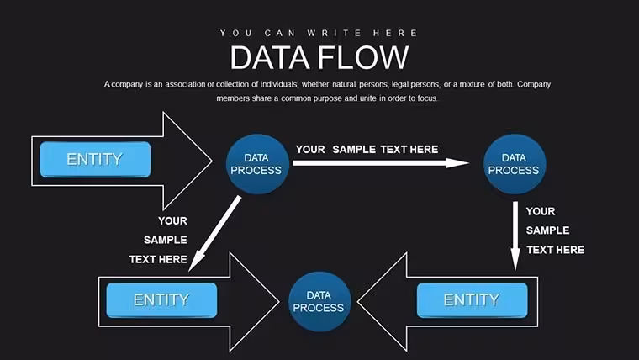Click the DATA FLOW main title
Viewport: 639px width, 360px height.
pyautogui.click(x=319, y=57)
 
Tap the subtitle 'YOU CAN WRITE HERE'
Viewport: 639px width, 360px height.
pyautogui.click(x=319, y=33)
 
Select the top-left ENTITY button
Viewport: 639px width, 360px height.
pyautogui.click(x=95, y=160)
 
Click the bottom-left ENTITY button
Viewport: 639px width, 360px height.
pyautogui.click(x=161, y=300)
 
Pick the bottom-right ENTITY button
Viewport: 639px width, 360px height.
pyautogui.click(x=472, y=300)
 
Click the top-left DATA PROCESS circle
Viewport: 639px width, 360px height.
pyautogui.click(x=257, y=164)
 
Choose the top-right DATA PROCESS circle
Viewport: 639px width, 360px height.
pyautogui.click(x=515, y=164)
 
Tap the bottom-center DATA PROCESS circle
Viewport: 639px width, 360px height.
pyautogui.click(x=319, y=302)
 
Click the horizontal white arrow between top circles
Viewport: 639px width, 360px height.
pyautogui.click(x=381, y=163)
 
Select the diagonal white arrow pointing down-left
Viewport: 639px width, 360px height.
pyautogui.click(x=214, y=234)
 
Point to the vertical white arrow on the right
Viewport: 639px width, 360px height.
pyautogui.click(x=515, y=236)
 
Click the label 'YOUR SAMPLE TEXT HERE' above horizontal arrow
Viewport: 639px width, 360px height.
pyautogui.click(x=367, y=150)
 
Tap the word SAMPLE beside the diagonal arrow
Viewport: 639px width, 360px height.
pyautogui.click(x=166, y=240)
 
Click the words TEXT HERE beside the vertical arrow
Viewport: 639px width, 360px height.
pyautogui.click(x=556, y=250)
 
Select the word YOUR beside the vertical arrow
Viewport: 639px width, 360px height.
pyautogui.click(x=541, y=212)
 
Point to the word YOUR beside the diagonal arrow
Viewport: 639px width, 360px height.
pyautogui.click(x=173, y=221)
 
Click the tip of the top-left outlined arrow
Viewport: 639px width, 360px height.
pyautogui.click(x=212, y=161)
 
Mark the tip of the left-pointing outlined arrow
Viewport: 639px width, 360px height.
pyautogui.click(x=358, y=302)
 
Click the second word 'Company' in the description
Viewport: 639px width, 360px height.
pyautogui.click(x=534, y=84)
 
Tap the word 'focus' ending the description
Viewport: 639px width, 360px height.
pyautogui.click(x=427, y=98)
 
